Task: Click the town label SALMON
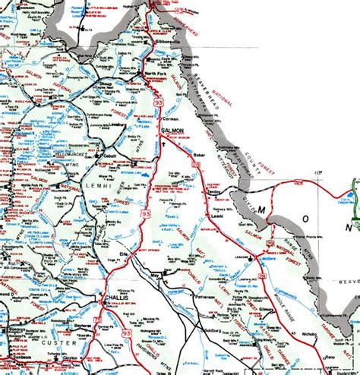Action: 172,131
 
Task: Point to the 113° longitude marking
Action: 317,174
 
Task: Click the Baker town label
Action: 199,155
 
